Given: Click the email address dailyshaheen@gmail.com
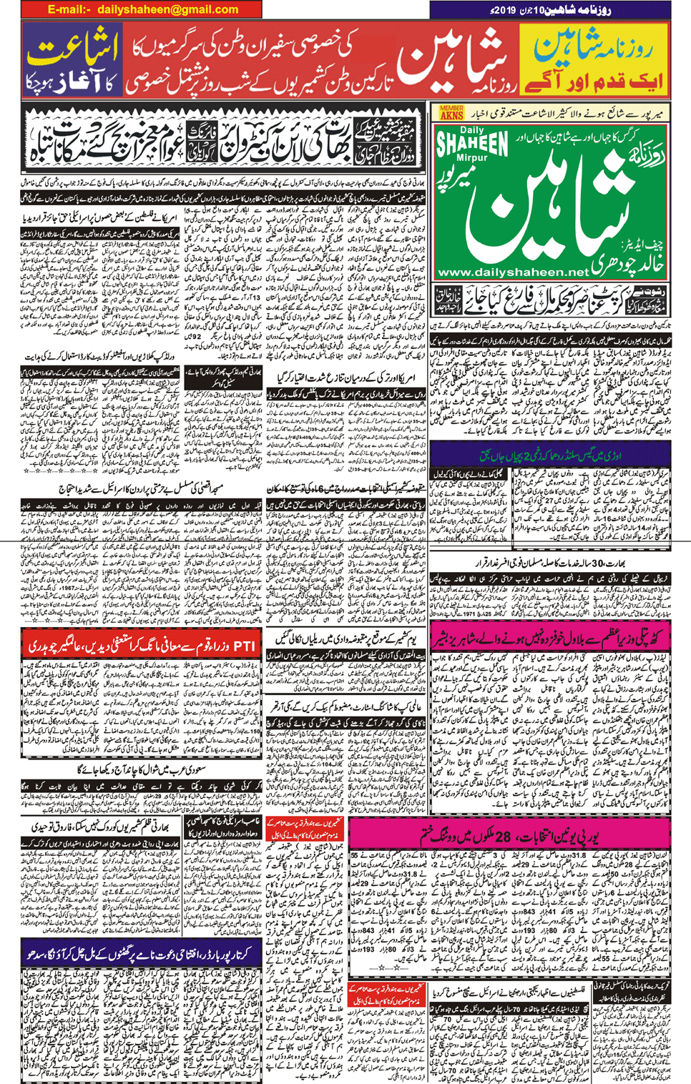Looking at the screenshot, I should pos(167,9).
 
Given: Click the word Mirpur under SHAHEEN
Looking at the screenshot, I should pos(471,157).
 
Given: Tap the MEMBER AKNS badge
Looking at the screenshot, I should pos(451,112).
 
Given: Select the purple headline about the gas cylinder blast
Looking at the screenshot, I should pos(551,455).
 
